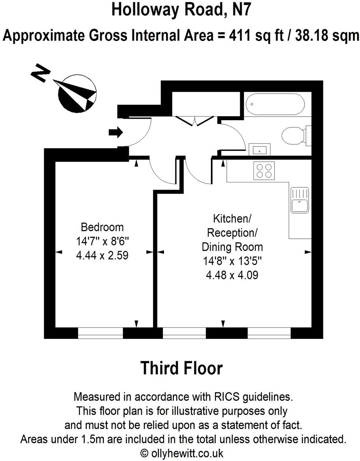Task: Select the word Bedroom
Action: coord(102,227)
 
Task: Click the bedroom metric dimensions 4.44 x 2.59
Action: coord(102,256)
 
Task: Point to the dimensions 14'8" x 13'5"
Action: coord(232,261)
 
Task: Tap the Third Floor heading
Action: coord(181,368)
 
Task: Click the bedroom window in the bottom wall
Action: coord(100,333)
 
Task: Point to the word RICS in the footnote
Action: coord(222,396)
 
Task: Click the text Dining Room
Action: coord(232,247)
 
